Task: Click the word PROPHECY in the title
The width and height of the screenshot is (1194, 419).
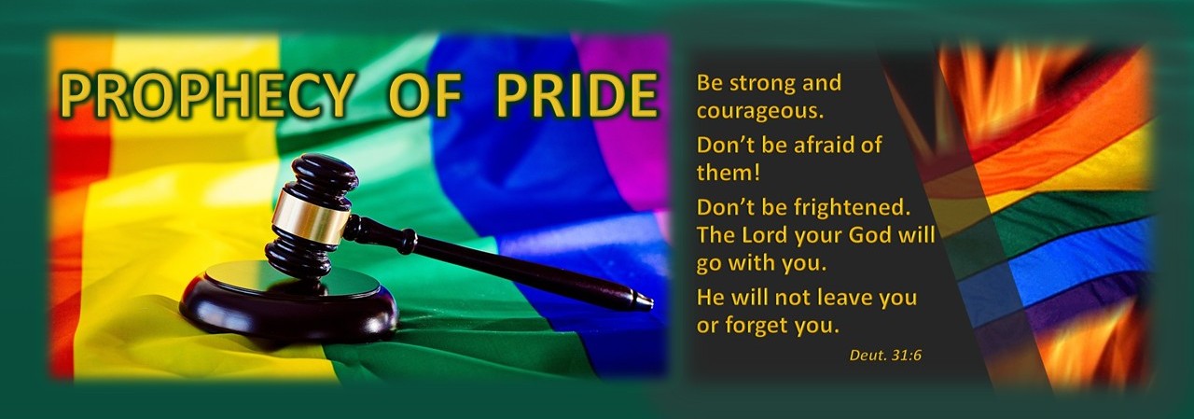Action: point(206,95)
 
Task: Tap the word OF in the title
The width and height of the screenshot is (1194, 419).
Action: point(425,95)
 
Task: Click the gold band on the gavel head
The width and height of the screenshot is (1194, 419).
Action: point(311,216)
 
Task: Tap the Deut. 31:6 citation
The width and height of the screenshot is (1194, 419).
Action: point(885,355)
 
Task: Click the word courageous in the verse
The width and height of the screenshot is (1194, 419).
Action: point(760,111)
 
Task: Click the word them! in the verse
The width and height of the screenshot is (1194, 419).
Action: point(729,173)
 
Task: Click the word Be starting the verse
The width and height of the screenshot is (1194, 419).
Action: point(710,84)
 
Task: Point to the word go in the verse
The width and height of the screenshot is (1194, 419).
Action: point(710,265)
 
